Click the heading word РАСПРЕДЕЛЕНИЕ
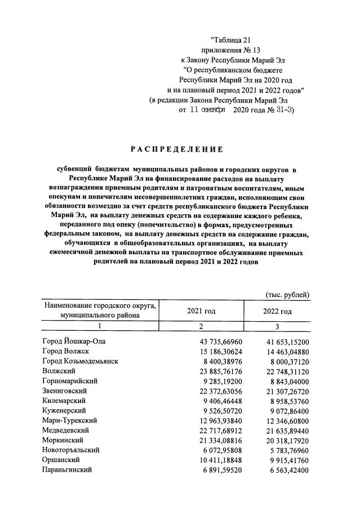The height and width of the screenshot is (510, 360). click(x=177, y=149)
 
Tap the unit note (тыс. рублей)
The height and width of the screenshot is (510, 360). click(x=287, y=294)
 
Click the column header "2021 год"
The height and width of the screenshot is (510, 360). click(x=201, y=311)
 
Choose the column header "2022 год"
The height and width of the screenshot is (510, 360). click(x=277, y=311)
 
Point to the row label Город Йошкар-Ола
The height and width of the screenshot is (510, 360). click(x=74, y=342)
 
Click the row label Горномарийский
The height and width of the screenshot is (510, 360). click(x=70, y=381)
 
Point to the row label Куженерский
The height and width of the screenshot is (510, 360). click(x=66, y=410)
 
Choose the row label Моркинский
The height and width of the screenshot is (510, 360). click(x=63, y=440)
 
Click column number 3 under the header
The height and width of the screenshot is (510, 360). click(x=277, y=326)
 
